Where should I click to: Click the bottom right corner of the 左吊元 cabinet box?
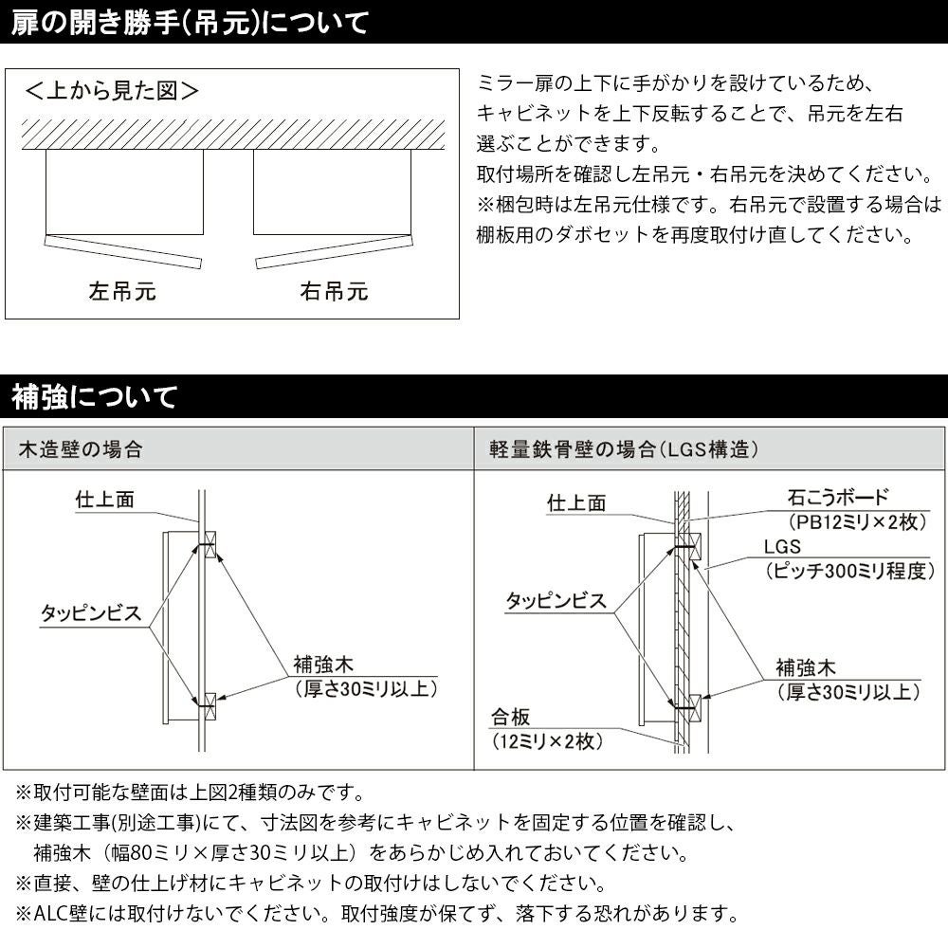(x=203, y=234)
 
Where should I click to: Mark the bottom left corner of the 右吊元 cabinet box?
(x=253, y=234)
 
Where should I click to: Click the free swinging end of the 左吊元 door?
(x=200, y=264)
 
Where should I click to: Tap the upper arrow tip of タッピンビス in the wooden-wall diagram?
(x=198, y=546)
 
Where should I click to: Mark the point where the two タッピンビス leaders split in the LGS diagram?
(x=613, y=613)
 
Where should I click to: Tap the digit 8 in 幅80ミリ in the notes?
(x=136, y=852)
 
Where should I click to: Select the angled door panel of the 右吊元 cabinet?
(x=335, y=251)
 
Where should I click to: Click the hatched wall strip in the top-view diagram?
(x=233, y=135)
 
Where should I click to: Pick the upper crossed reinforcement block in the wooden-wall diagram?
(x=210, y=545)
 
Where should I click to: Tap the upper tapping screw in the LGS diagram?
(x=684, y=547)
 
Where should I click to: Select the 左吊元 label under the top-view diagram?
(x=122, y=291)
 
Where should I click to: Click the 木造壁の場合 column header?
(x=81, y=449)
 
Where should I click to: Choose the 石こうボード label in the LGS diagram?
(x=837, y=498)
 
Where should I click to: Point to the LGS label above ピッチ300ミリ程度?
(x=782, y=547)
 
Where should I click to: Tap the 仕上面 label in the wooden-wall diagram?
(x=104, y=500)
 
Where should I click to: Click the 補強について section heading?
(x=94, y=396)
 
